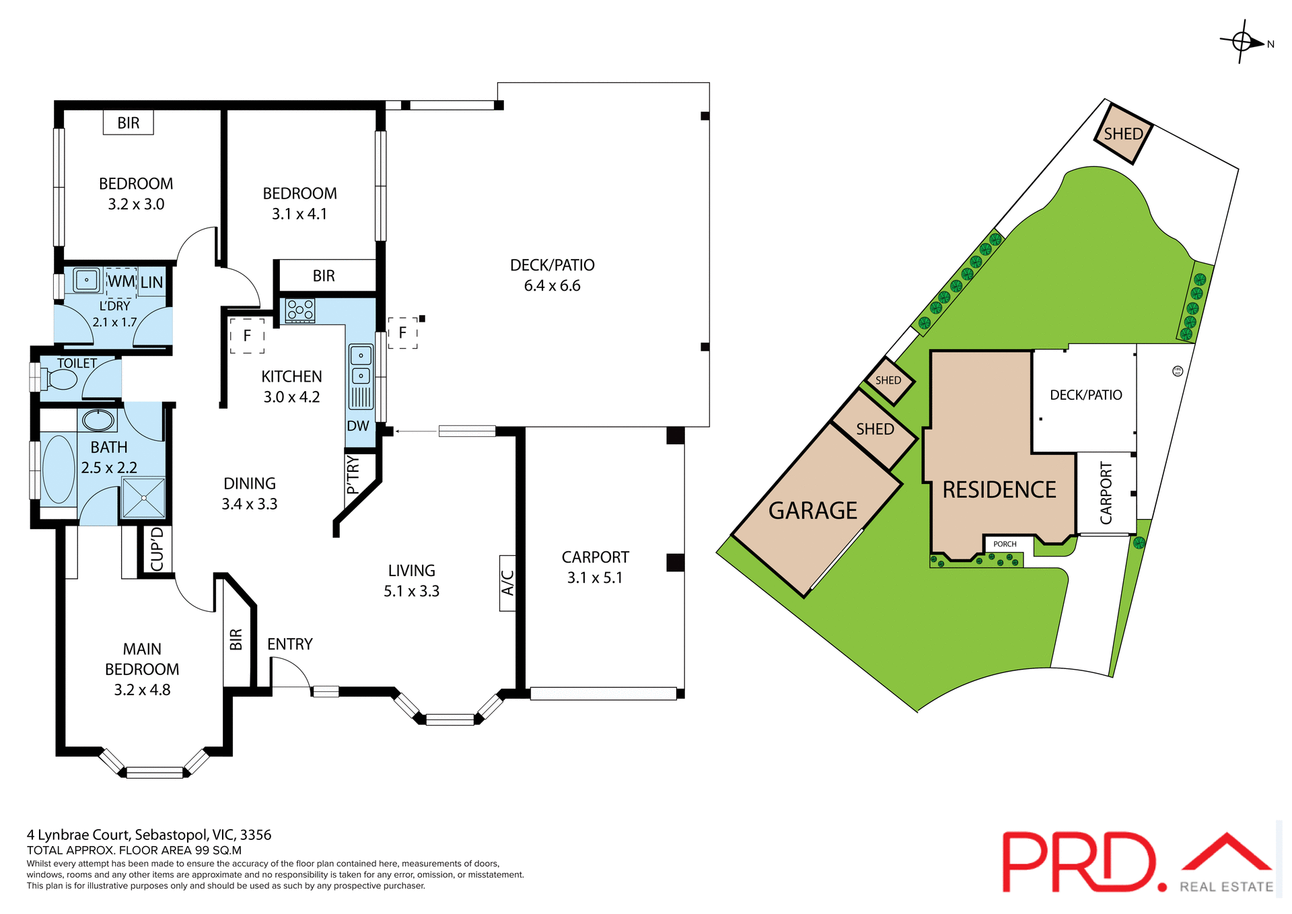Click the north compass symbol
tap(1242, 42)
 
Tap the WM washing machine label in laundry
tap(121, 281)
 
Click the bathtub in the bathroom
tap(59, 469)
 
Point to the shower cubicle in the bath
tap(143, 498)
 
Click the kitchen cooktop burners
tap(300, 310)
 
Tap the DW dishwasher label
tap(358, 426)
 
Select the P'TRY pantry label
tap(353, 474)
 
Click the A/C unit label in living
tap(508, 583)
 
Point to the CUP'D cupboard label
tap(157, 549)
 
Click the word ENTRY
tap(290, 644)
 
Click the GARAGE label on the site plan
tap(813, 511)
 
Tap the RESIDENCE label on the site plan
tap(999, 490)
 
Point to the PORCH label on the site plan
tap(1005, 544)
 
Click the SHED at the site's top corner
tap(1123, 134)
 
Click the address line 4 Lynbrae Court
tap(149, 835)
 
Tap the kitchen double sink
tap(361, 365)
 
